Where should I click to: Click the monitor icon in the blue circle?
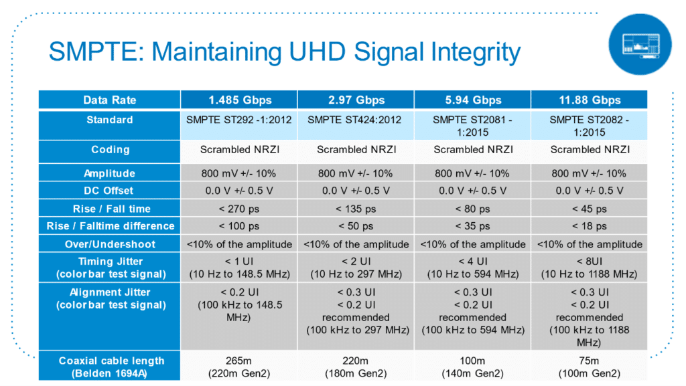click(x=640, y=45)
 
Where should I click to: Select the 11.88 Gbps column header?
click(x=590, y=100)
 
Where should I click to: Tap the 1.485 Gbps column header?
click(x=239, y=100)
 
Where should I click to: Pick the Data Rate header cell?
click(x=109, y=100)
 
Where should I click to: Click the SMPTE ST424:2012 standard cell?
click(x=356, y=126)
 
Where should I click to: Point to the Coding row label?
click(x=109, y=150)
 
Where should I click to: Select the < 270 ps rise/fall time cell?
click(x=239, y=209)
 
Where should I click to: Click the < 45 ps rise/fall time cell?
click(x=590, y=209)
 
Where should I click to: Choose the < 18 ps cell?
click(x=590, y=226)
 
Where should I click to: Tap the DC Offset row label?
click(x=109, y=191)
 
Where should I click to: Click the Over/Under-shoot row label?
click(x=109, y=244)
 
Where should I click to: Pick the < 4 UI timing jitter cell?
click(x=472, y=267)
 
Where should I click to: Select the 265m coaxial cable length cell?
click(x=239, y=367)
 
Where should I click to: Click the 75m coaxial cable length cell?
click(x=590, y=367)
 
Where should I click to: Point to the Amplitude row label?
click(x=109, y=173)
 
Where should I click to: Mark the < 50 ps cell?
click(x=356, y=226)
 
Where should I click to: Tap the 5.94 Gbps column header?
click(x=472, y=100)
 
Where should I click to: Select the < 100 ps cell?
click(x=239, y=226)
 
